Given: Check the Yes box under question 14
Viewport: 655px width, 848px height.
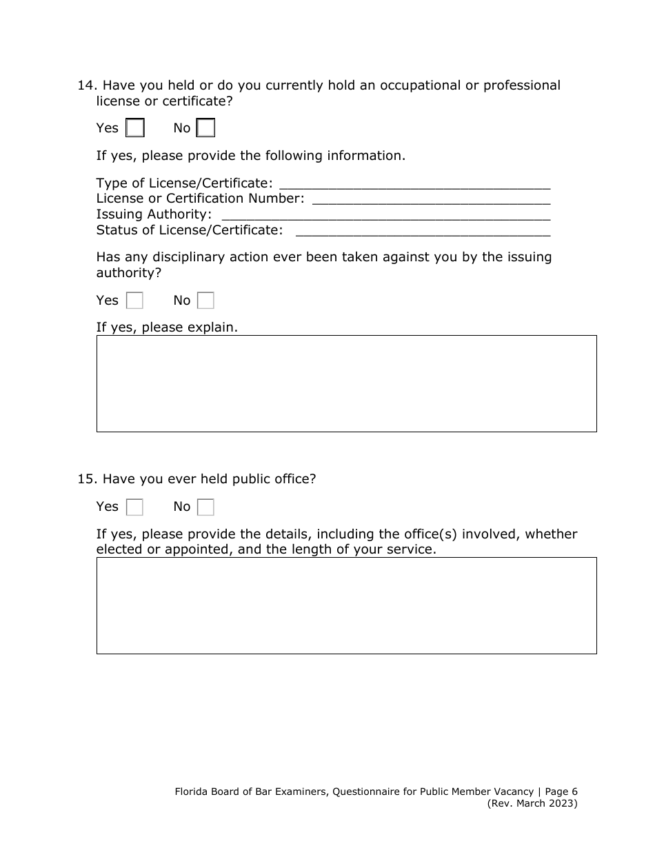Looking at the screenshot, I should click(x=135, y=128).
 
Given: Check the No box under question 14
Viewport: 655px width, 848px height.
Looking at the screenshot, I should click(x=205, y=128).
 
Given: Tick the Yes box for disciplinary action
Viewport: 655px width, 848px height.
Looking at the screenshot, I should click(x=135, y=301).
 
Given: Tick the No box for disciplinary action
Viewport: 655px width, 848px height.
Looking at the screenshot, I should click(x=205, y=301).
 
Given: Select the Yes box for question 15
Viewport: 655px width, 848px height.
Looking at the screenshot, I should click(x=135, y=507).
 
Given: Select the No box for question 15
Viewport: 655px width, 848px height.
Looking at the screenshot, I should click(x=205, y=507).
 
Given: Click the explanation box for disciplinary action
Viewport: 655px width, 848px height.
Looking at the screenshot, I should click(x=346, y=383).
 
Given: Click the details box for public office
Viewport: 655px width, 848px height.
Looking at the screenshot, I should click(x=346, y=605).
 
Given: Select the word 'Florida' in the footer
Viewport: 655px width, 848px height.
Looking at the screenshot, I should click(x=192, y=792).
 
